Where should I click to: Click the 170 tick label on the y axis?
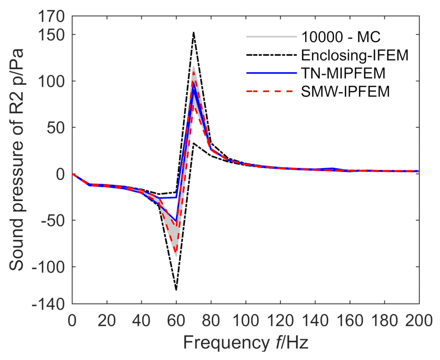[x=51, y=16]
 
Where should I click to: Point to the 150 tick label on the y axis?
[x=51, y=35]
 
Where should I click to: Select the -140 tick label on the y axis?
[x=48, y=304]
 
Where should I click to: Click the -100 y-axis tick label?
[x=48, y=267]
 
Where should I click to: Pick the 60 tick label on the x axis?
[x=176, y=321]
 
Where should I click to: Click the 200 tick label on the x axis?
[x=419, y=321]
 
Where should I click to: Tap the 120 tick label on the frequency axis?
[x=280, y=321]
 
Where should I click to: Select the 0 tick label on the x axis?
[x=72, y=321]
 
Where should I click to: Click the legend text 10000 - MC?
[x=341, y=37]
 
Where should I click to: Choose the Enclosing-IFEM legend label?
[x=355, y=55]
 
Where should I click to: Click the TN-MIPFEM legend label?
[x=343, y=74]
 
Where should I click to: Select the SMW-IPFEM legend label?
[x=345, y=92]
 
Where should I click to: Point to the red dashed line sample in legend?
[x=271, y=92]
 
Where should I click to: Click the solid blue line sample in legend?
[x=271, y=73]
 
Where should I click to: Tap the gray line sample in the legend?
[x=271, y=37]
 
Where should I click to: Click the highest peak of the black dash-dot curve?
[x=193, y=32]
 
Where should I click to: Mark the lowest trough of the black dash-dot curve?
[x=176, y=290]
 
